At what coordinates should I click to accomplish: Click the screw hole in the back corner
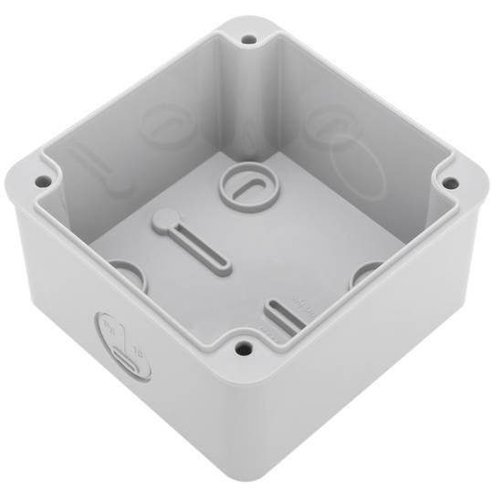(x=247, y=40)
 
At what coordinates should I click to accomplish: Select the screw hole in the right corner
(x=449, y=184)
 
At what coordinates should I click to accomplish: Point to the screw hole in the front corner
(x=242, y=347)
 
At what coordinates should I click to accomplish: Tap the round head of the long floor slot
(x=163, y=219)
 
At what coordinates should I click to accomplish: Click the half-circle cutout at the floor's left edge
(x=126, y=272)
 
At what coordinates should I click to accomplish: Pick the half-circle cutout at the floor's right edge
(x=367, y=272)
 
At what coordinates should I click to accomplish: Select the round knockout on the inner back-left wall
(x=163, y=128)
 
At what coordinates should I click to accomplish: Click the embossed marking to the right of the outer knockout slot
(x=140, y=350)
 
